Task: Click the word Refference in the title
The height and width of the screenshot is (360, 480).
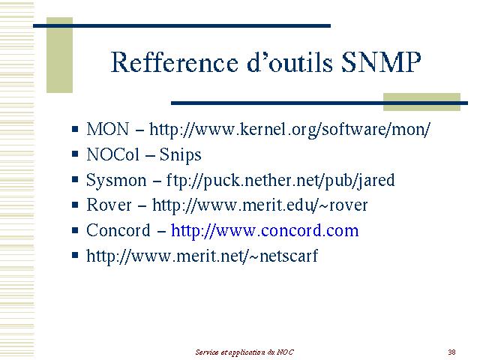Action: [174, 62]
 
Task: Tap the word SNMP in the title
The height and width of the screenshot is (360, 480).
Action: [381, 62]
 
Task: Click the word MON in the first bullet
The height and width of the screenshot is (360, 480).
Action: [107, 129]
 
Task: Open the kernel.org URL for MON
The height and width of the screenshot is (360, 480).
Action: [289, 130]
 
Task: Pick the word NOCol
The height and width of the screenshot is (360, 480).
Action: [112, 154]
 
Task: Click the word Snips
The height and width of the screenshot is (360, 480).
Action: [180, 155]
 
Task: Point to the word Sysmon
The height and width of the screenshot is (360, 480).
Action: [116, 181]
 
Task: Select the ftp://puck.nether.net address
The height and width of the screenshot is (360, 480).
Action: [280, 181]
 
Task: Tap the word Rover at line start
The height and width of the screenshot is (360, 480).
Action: [109, 205]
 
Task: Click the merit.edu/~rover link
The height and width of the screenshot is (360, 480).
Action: [259, 205]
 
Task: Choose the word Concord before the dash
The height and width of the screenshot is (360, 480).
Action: [118, 230]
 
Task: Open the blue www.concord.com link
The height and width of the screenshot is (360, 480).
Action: [265, 230]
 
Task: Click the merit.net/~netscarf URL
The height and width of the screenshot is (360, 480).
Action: [202, 256]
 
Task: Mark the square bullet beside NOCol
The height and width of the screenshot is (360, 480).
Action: [75, 153]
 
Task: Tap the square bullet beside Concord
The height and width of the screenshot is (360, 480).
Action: [75, 229]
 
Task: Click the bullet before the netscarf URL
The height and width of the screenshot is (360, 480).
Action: [75, 255]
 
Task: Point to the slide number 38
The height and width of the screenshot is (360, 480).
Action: [451, 352]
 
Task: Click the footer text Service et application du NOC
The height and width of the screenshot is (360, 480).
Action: [244, 352]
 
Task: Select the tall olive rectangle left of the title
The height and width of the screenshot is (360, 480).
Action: [59, 55]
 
